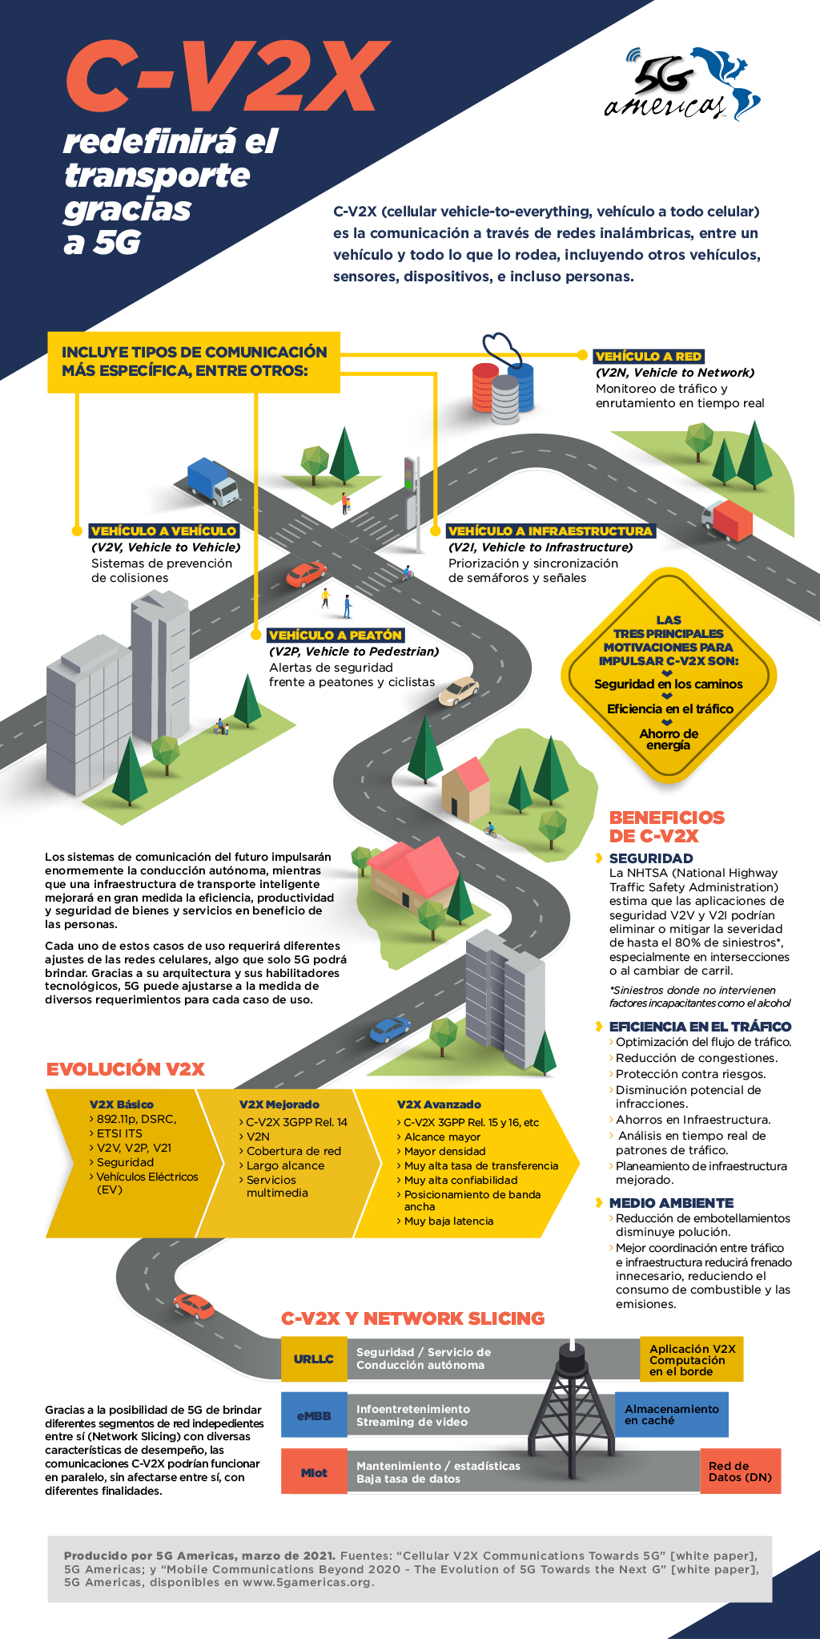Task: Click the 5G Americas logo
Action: coord(681,84)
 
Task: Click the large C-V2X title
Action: coord(227,78)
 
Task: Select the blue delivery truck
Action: coord(212,481)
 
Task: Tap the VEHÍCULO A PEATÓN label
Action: coord(336,635)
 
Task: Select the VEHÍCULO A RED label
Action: coord(649,356)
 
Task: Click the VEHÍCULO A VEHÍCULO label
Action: coord(163,531)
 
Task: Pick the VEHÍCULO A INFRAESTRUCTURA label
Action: coord(550,531)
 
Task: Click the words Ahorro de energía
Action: coord(669,739)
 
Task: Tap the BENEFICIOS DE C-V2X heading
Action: coord(666,826)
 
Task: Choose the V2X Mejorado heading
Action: coord(279,1104)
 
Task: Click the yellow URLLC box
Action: coord(313,1359)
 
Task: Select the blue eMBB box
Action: coord(313,1416)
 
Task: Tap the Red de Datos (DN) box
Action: coord(740,1471)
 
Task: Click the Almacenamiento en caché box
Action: coord(671,1415)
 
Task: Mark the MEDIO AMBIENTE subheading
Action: coord(671,1203)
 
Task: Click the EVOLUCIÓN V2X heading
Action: coord(126,1069)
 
